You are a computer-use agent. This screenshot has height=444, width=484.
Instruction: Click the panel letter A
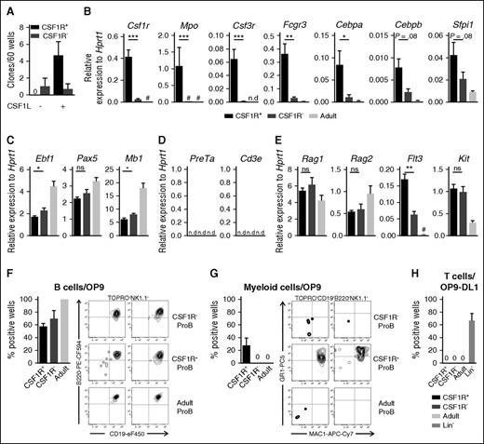click(7, 8)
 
